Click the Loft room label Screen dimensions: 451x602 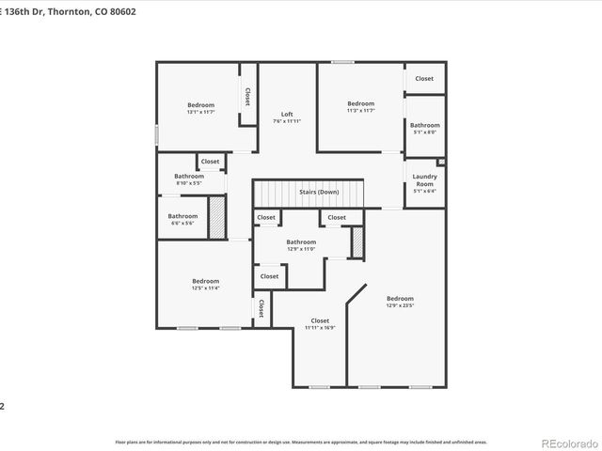[287, 115]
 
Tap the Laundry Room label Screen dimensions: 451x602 [425, 180]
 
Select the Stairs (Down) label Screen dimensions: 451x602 [319, 192]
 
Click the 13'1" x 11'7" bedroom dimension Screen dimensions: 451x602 [200, 112]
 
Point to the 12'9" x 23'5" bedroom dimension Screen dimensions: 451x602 [400, 305]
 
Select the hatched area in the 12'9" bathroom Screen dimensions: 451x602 [357, 243]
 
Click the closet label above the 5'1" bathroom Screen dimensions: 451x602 [424, 78]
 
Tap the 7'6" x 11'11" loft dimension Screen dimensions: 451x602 [287, 121]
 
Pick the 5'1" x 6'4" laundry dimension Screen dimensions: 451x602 [425, 191]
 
